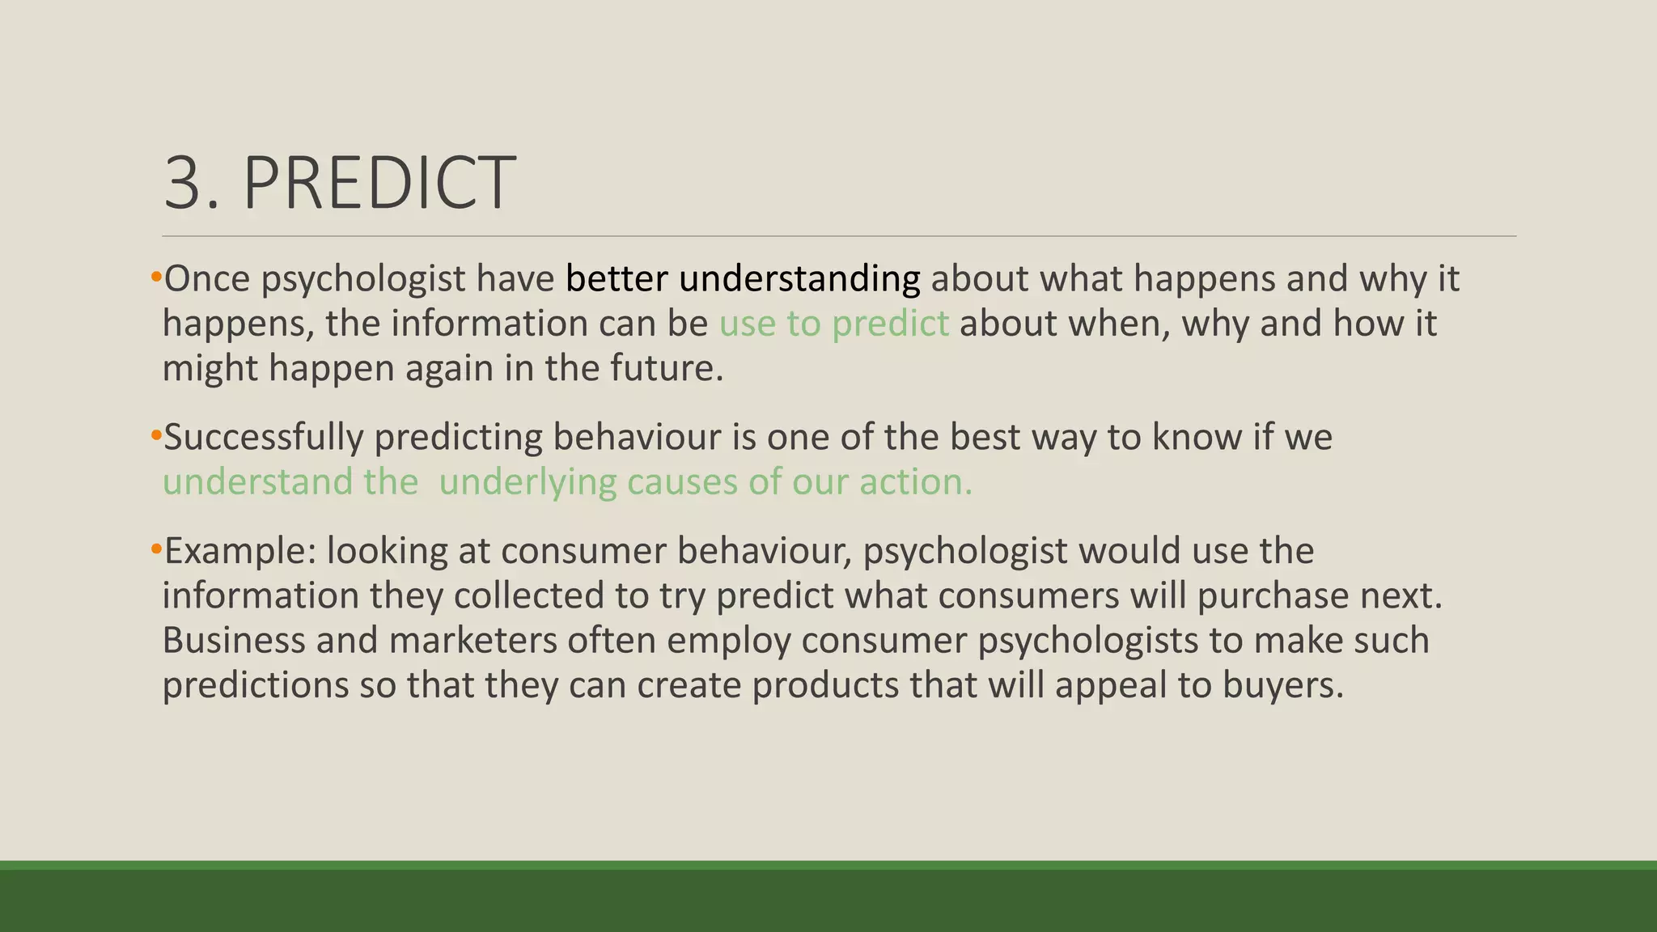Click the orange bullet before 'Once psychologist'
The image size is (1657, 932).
point(156,278)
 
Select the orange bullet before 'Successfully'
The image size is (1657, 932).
point(156,437)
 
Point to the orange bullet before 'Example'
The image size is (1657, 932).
point(156,551)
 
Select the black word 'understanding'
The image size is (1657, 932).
point(799,279)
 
